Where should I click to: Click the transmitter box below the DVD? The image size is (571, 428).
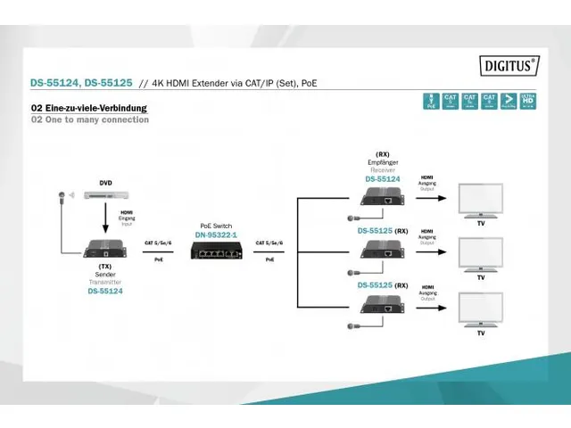(x=105, y=249)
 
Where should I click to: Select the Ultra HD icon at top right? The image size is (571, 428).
(x=529, y=102)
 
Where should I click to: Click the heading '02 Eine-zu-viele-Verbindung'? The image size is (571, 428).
(x=89, y=109)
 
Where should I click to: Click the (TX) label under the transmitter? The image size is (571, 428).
(x=105, y=266)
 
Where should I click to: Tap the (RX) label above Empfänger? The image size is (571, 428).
(x=383, y=152)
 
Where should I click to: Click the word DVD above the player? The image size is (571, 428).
(x=105, y=182)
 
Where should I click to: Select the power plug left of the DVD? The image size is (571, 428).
(x=62, y=193)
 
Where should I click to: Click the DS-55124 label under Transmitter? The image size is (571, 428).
(x=105, y=290)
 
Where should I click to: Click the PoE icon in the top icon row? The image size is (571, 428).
(x=431, y=102)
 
